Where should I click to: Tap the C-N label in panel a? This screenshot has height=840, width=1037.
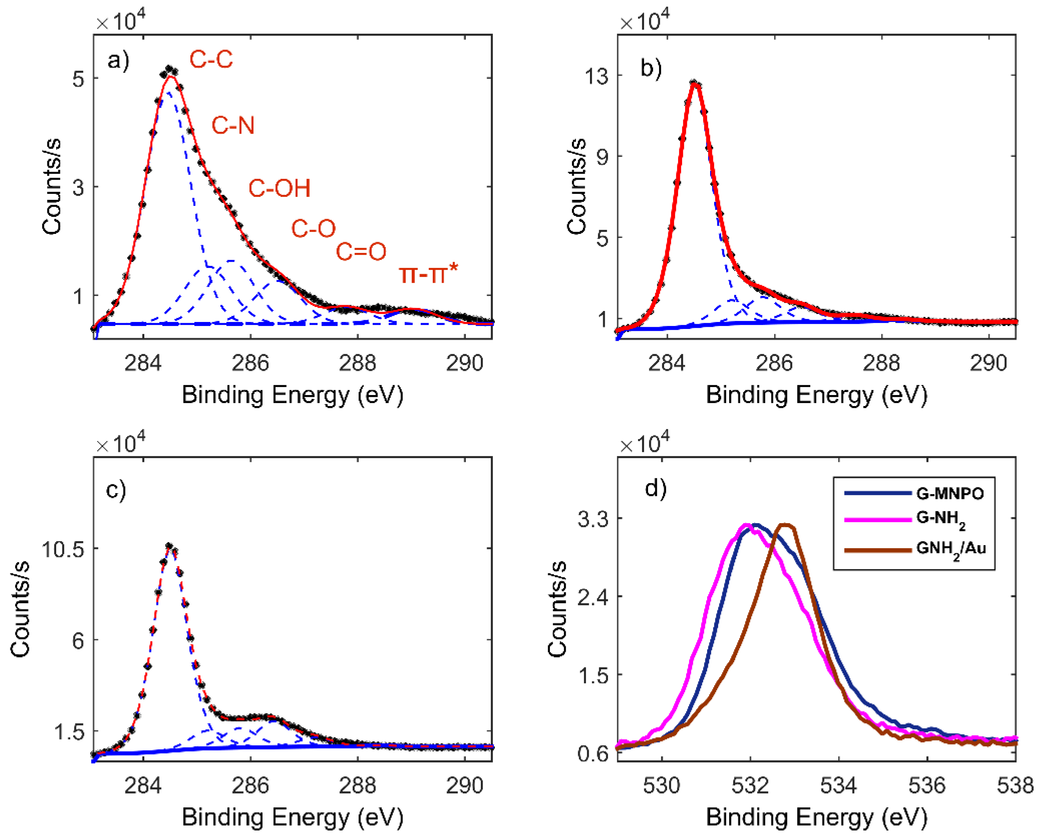pos(233,126)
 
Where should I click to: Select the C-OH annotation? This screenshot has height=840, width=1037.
pos(279,188)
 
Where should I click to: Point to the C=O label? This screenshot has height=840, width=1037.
pos(361,251)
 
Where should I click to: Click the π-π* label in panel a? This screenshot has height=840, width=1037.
pos(428,274)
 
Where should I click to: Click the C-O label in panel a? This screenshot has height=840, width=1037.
pos(313,228)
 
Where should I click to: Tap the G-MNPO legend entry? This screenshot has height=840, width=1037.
pos(949,493)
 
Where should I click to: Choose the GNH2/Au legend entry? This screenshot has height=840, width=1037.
pos(950,549)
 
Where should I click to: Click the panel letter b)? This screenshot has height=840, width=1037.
pos(651,68)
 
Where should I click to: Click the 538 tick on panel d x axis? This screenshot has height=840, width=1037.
pos(1014,786)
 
